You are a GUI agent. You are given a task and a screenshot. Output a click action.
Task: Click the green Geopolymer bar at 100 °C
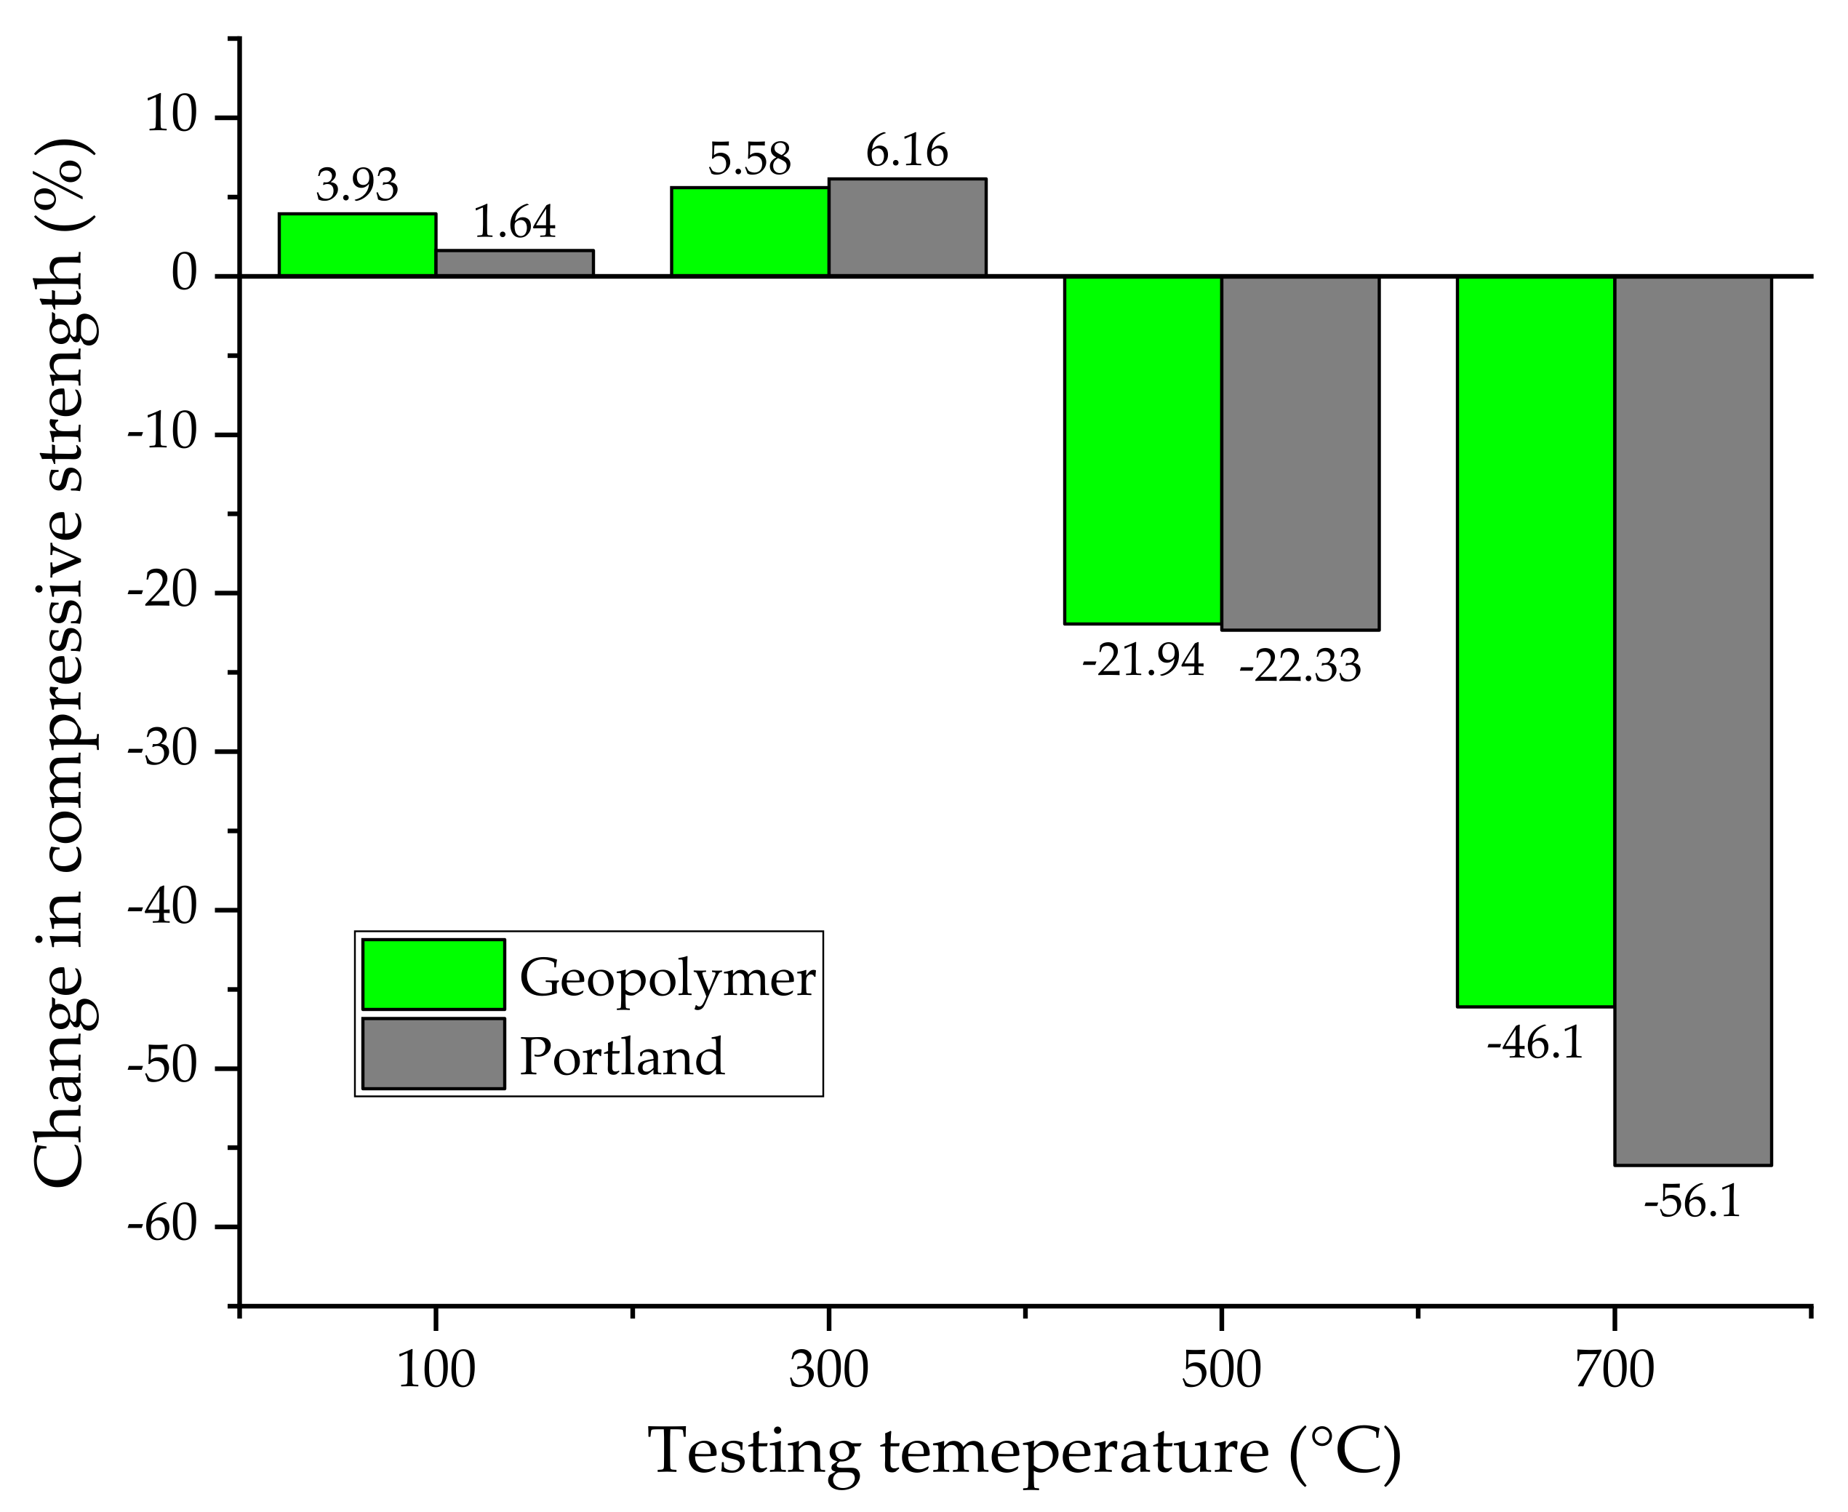point(357,245)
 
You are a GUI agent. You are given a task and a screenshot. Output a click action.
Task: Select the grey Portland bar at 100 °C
point(515,263)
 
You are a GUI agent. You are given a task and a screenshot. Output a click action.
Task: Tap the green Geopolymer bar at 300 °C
point(749,232)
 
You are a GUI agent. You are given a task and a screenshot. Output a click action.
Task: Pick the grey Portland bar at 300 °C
point(907,228)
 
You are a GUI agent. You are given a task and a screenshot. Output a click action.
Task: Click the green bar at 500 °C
point(1143,450)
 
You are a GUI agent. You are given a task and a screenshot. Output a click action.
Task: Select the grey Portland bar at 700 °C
point(1692,720)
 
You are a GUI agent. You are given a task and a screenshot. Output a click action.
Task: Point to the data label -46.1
point(1535,1044)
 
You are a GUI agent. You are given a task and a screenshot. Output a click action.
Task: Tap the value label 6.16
point(907,151)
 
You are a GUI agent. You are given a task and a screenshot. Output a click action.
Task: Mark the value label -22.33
point(1300,667)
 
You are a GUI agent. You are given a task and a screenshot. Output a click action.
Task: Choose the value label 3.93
point(357,185)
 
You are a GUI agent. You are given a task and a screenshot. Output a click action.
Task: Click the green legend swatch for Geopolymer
point(433,975)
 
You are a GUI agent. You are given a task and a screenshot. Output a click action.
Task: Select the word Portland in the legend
point(622,1057)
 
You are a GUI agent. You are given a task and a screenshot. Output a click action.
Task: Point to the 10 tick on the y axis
point(172,116)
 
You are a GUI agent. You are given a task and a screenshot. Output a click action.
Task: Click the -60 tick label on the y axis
point(162,1225)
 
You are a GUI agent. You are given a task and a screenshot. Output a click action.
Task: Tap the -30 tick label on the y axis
point(162,750)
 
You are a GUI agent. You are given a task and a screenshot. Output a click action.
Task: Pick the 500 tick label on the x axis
point(1221,1370)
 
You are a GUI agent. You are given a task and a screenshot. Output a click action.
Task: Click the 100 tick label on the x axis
point(436,1370)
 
